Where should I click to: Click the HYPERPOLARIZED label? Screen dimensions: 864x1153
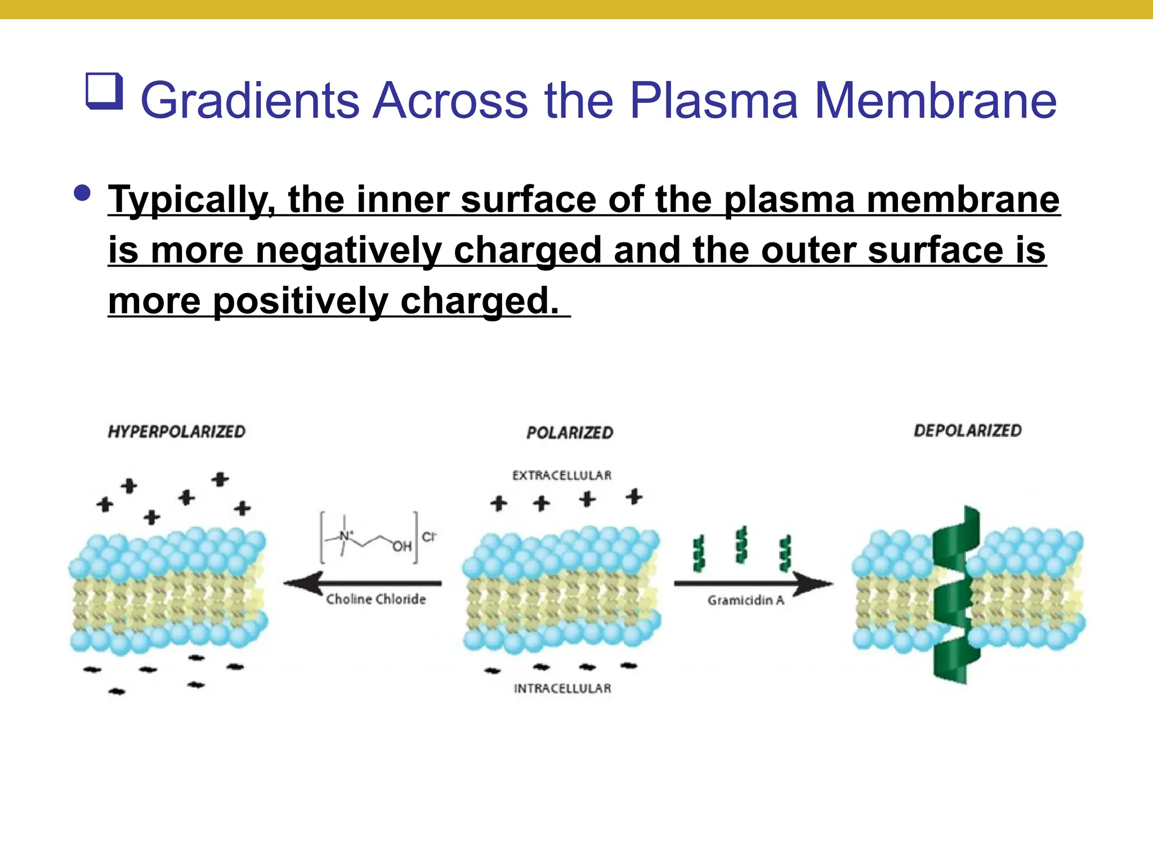(176, 431)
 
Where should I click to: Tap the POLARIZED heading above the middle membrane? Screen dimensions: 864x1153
(570, 433)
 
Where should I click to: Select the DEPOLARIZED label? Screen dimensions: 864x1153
(967, 430)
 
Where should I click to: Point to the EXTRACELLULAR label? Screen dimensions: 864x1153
(561, 475)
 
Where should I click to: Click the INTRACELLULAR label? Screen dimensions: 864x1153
(562, 688)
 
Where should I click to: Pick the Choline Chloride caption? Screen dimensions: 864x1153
(376, 599)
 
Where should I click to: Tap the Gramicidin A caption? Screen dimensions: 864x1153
(745, 600)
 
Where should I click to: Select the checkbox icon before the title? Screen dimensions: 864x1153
(104, 91)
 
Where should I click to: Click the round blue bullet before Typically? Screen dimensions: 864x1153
(82, 193)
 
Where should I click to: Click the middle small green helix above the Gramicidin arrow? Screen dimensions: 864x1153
(742, 544)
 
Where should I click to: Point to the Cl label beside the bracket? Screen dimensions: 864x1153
(428, 537)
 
